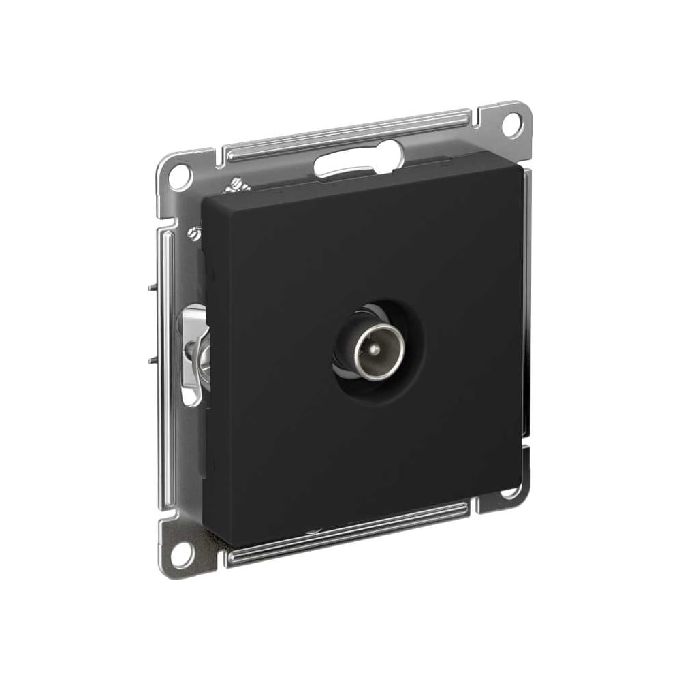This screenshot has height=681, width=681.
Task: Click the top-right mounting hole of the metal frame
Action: (510, 124)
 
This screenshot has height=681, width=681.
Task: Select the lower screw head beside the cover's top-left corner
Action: (195, 234)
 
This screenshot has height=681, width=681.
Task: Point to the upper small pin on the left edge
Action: (151, 287)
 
